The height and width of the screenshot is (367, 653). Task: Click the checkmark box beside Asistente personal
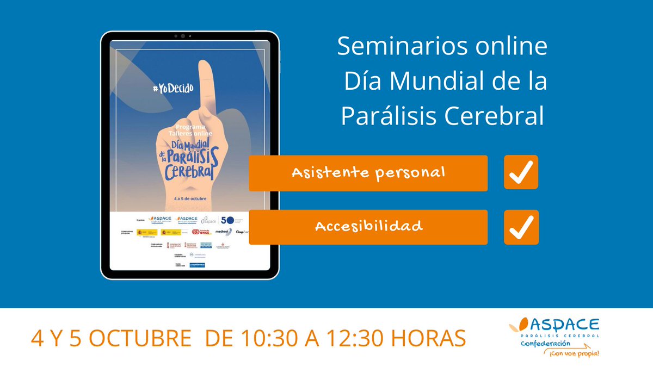tap(521, 172)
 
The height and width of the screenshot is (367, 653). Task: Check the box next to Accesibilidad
tap(521, 227)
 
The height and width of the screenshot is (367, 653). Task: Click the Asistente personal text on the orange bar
tap(368, 173)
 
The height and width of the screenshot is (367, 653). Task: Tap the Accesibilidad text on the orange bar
tap(368, 226)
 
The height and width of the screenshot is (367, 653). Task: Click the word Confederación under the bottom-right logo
tap(547, 345)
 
